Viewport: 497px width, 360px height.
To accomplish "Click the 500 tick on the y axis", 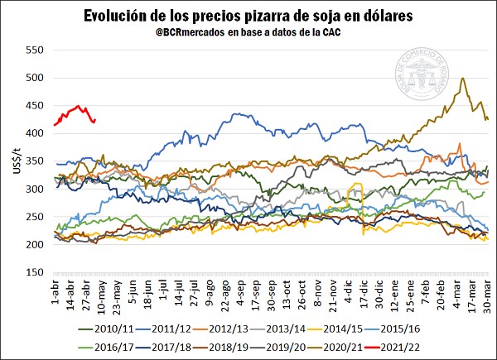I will pos(31,77).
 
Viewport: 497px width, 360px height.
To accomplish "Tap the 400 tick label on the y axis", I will pos(31,133).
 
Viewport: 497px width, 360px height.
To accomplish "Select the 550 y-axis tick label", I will pos(31,50).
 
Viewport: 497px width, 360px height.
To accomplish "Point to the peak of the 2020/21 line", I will pos(461,79).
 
